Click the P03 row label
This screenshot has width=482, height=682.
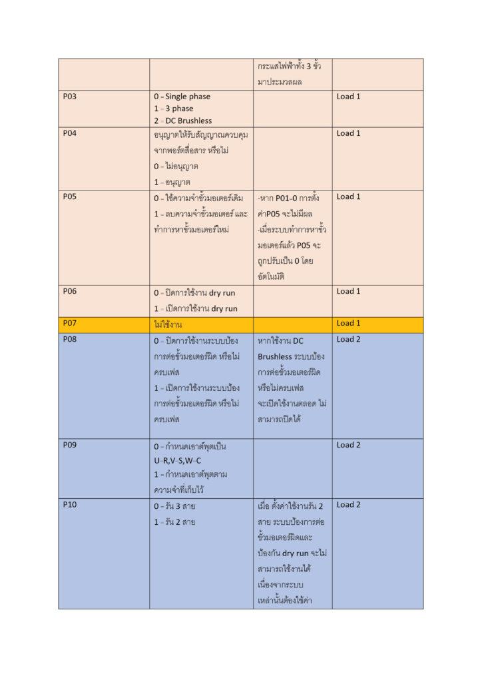[x=70, y=97]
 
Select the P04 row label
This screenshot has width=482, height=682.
[x=70, y=133]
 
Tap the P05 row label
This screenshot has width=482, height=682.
[x=70, y=196]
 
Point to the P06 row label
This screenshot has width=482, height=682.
[x=70, y=291]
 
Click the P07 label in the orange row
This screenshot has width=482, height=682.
[x=70, y=324]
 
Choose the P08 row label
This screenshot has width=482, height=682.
[x=70, y=340]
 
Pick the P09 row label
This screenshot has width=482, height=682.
[x=70, y=445]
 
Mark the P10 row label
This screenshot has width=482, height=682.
[x=70, y=505]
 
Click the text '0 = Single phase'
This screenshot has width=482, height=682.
[x=182, y=97]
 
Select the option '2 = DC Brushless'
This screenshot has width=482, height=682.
[x=182, y=121]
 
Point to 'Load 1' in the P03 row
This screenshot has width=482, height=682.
[x=348, y=97]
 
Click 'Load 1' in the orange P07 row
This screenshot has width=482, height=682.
[x=348, y=324]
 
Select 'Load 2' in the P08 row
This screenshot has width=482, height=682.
[x=348, y=340]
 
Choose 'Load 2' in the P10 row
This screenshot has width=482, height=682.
[x=348, y=505]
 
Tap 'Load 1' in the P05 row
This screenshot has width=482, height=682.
[x=348, y=196]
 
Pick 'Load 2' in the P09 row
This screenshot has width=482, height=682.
[x=348, y=445]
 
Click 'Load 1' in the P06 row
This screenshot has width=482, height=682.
[x=348, y=291]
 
